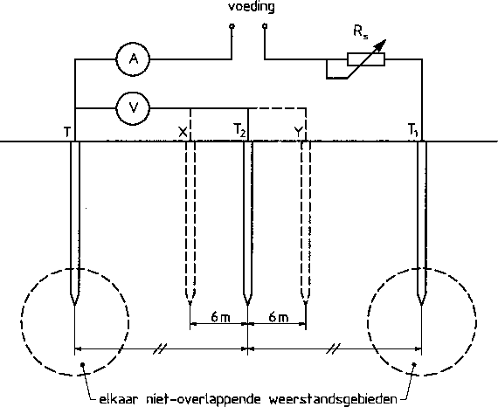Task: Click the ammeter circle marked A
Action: [134, 59]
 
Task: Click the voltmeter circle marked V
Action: [134, 108]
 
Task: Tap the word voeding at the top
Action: [252, 7]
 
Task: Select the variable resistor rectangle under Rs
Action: [366, 59]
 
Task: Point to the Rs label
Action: [361, 32]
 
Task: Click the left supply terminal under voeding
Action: [232, 26]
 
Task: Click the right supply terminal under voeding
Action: [265, 26]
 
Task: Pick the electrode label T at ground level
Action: [66, 132]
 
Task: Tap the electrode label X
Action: [183, 131]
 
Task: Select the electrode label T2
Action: [239, 130]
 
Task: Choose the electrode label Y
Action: [298, 131]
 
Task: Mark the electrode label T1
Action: [413, 130]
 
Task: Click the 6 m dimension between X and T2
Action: [220, 317]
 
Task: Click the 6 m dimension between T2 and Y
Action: [279, 317]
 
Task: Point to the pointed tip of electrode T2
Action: [248, 306]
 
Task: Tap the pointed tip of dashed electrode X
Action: [190, 304]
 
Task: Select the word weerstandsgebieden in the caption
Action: [333, 399]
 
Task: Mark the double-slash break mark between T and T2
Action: [159, 348]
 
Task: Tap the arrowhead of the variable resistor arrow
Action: [381, 45]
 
